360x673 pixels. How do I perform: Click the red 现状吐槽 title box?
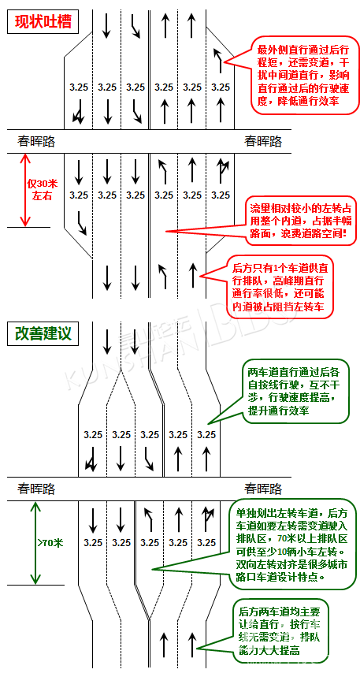43,22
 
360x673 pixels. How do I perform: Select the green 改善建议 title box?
43,333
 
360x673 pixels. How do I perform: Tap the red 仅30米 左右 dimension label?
43,190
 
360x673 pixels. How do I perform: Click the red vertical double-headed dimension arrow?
25,190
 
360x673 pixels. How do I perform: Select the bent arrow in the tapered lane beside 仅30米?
81,223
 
